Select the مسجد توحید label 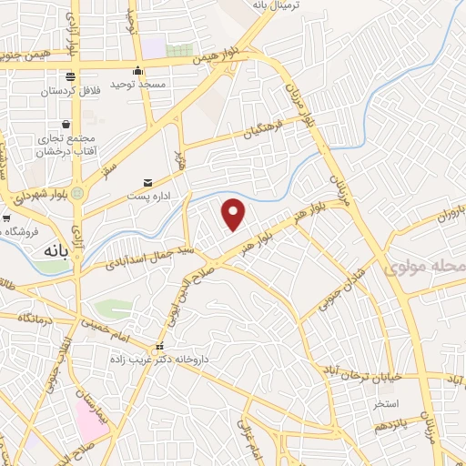coord(136,84)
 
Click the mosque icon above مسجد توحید coord(137,71)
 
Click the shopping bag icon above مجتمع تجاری coord(66,124)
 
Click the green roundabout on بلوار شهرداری coord(78,193)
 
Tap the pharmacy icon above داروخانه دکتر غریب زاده coord(160,347)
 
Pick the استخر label coord(375,402)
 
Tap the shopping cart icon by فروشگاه coord(7,218)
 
